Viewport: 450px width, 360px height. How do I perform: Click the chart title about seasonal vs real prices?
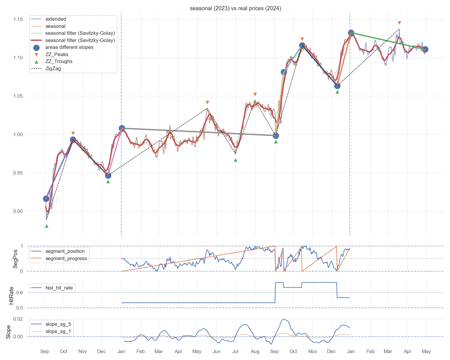(x=235, y=8)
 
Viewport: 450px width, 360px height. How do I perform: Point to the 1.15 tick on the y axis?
(x=18, y=19)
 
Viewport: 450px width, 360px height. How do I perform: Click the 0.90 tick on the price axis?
(x=18, y=211)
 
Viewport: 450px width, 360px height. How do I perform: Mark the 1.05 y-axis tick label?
(x=18, y=96)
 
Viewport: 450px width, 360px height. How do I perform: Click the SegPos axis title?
(x=15, y=259)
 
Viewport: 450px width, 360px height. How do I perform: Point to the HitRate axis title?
(x=11, y=295)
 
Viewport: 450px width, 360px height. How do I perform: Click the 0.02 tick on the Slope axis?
(x=18, y=319)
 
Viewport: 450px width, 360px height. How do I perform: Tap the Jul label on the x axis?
(x=235, y=351)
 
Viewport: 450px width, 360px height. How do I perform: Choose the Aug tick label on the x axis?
(x=255, y=351)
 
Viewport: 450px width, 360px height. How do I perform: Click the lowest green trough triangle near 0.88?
(x=46, y=226)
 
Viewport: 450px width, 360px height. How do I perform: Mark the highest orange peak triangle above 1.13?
(x=399, y=23)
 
